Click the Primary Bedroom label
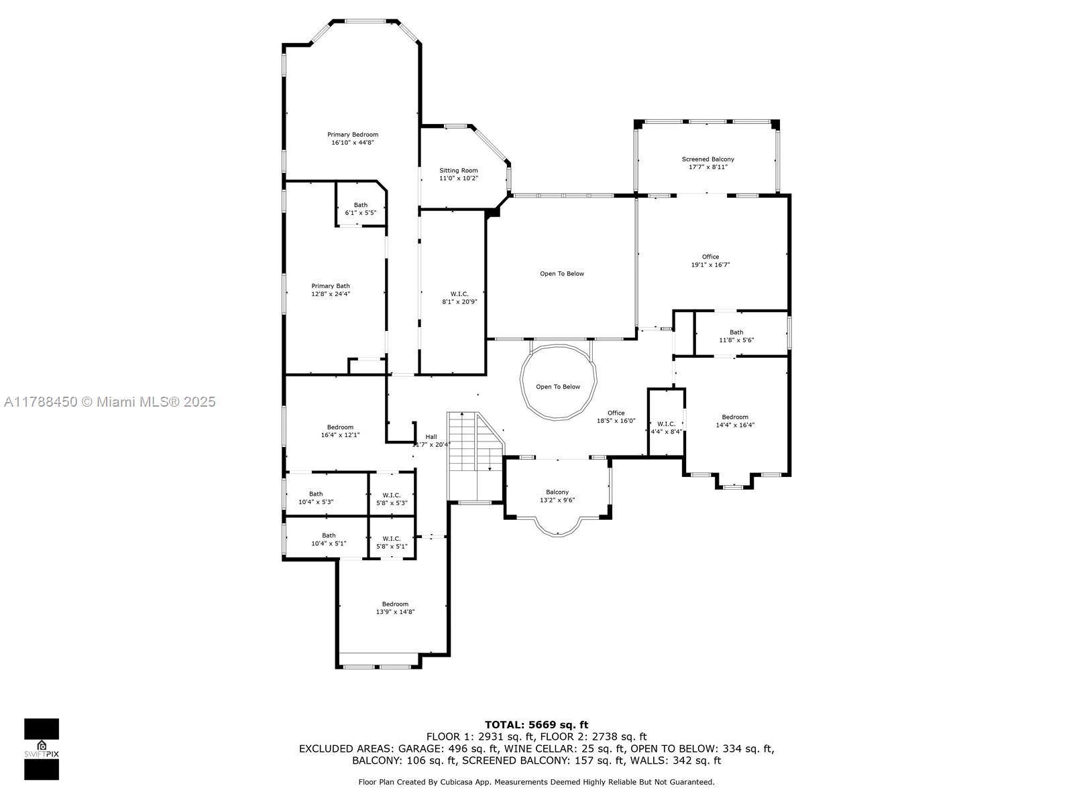tap(353, 134)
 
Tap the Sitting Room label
tap(458, 170)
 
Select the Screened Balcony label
tap(708, 159)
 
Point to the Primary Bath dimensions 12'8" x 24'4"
tap(331, 294)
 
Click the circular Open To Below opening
tap(558, 382)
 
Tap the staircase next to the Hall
tap(475, 456)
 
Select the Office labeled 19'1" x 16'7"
tap(710, 261)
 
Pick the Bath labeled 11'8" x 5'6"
tap(736, 336)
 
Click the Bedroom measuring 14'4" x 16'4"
tap(735, 421)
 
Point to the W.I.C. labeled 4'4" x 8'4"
tap(666, 427)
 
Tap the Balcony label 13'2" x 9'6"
tap(557, 496)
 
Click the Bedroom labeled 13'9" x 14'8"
tap(395, 608)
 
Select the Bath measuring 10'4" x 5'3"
tap(316, 498)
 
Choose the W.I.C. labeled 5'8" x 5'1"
tap(392, 542)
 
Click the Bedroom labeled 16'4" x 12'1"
tap(340, 431)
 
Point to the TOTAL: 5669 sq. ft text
tap(536, 725)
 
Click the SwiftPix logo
tap(42, 749)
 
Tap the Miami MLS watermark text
tap(109, 402)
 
